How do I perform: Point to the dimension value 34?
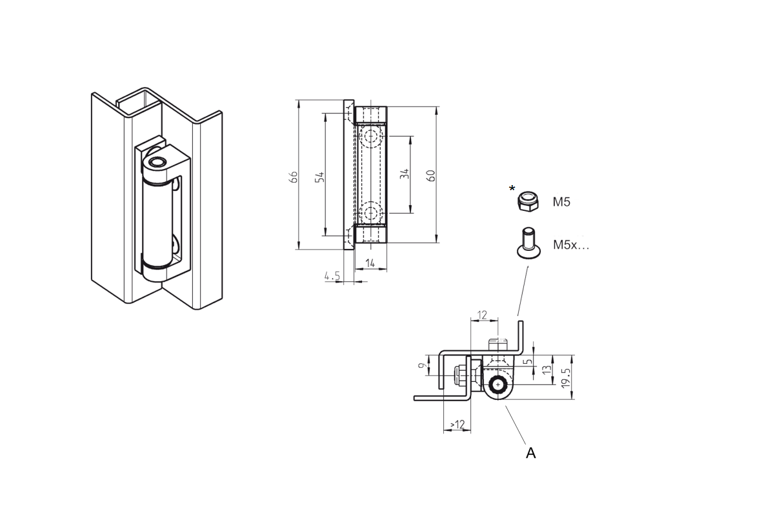click(405, 174)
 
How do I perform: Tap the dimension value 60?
click(432, 174)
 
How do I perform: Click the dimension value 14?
click(370, 263)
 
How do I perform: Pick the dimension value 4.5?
click(332, 275)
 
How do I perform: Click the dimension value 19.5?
click(566, 377)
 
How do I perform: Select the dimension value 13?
click(547, 370)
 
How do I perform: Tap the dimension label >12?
click(457, 424)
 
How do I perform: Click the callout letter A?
click(530, 453)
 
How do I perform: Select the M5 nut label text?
click(561, 202)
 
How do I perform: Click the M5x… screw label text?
click(571, 245)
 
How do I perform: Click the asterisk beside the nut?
click(512, 189)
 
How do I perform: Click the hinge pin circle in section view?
click(498, 385)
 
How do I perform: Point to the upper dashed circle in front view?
click(371, 135)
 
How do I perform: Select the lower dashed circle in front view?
click(371, 212)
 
